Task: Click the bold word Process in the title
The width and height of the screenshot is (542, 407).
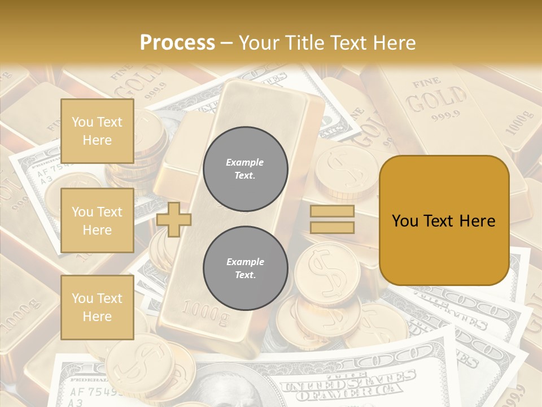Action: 177,42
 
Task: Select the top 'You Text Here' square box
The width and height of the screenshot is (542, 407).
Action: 97,131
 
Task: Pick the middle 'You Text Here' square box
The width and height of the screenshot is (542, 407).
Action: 97,220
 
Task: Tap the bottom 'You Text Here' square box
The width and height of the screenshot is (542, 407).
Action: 97,307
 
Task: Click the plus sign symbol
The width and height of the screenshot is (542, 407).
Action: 174,220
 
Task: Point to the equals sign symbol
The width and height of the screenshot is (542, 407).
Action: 332,219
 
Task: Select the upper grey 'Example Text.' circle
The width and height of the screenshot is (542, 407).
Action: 245,168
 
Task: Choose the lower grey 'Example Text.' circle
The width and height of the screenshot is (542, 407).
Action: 245,268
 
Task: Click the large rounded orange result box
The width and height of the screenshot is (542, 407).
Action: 444,220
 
